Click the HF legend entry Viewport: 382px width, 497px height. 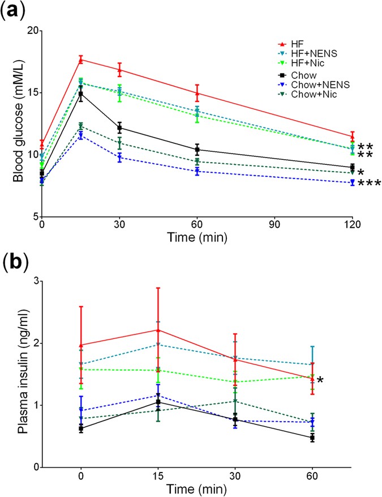[299, 44]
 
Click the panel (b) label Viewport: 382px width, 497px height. [18, 264]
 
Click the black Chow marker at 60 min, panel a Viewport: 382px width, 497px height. [197, 150]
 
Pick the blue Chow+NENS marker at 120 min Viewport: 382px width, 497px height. [352, 182]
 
